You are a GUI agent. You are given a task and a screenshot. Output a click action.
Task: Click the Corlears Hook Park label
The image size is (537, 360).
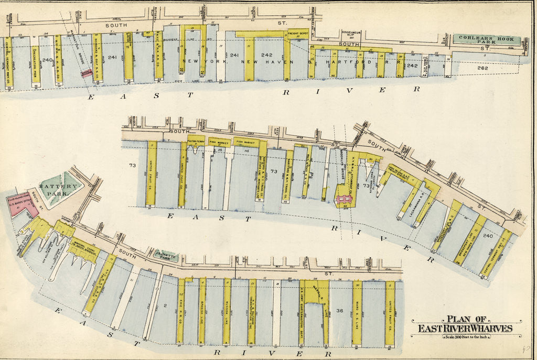[x=486, y=39]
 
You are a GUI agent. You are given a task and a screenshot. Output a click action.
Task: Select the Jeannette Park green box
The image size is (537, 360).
[x=168, y=256]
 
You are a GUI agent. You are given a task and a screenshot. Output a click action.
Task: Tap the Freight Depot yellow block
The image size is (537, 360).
[x=297, y=35]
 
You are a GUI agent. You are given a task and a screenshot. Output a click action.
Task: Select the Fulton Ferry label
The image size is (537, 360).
[x=195, y=142]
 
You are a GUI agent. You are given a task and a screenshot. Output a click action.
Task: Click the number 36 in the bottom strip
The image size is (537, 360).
[x=340, y=310]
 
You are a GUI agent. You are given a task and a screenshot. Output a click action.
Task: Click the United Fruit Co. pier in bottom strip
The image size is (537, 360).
[x=390, y=312]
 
